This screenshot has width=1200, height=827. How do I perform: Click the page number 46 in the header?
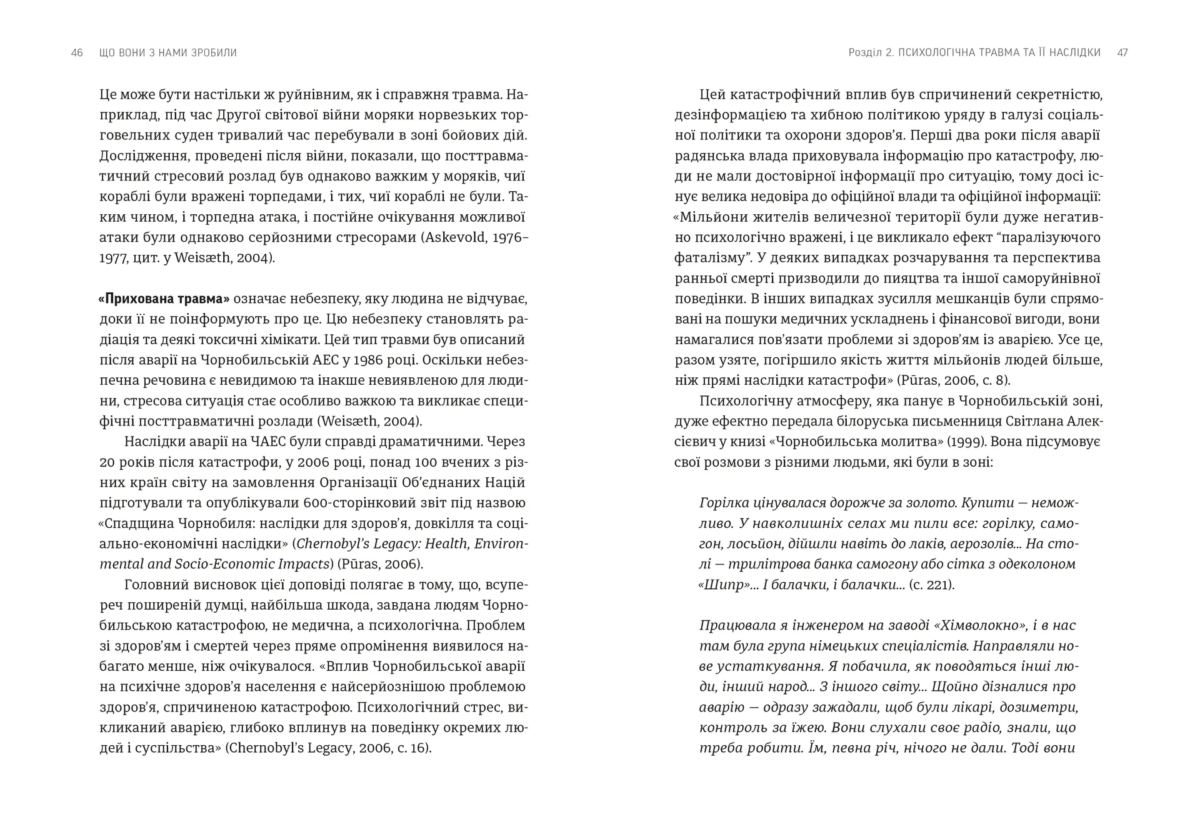[77, 53]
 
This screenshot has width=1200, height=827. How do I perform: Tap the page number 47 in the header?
[1122, 53]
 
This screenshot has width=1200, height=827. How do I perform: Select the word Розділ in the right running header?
[865, 53]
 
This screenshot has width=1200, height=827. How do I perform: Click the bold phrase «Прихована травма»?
[164, 299]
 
